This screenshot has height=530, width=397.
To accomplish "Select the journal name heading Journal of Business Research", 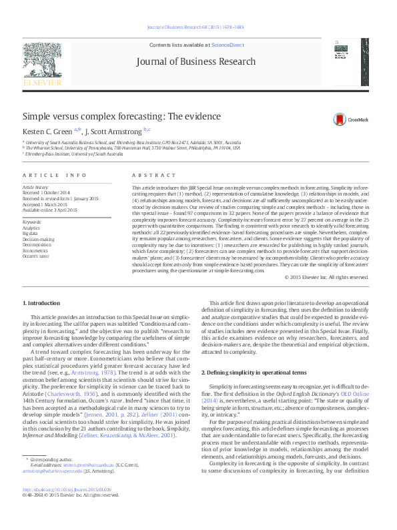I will point(195,61).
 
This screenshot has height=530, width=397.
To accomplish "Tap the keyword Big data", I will point(31,233).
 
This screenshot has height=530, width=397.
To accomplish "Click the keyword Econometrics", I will point(35,250).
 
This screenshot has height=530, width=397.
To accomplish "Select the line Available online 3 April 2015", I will point(50,210).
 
